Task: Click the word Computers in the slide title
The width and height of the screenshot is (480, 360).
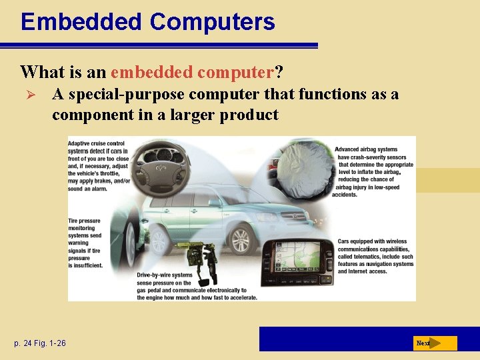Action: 213,22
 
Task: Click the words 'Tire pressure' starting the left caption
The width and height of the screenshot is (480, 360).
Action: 85,221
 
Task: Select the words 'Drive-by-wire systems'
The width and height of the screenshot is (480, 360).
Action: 164,275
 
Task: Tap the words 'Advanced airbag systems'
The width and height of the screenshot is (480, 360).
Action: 366,149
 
